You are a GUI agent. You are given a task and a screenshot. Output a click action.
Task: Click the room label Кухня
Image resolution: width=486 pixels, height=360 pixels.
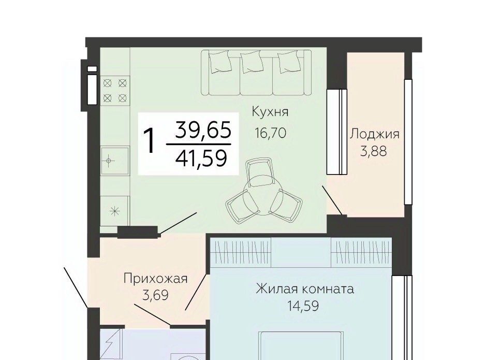coord(270,112)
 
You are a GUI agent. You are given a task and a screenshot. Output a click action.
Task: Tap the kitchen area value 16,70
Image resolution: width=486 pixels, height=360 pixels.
coord(270,133)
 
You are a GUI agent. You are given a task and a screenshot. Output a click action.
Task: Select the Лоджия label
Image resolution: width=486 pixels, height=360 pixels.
coord(375,135)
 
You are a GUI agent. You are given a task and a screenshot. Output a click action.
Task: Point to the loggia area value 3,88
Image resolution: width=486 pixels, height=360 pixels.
coord(374,152)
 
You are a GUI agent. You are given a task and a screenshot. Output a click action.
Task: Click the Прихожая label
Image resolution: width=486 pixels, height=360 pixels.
coord(156,279)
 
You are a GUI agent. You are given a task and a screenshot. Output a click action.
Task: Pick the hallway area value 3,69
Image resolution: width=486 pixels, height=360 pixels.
coord(155,295)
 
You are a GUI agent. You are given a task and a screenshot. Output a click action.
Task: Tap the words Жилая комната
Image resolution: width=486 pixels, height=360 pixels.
coord(305,289)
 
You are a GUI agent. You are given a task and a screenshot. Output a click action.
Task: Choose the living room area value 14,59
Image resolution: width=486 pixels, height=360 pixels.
coord(303,306)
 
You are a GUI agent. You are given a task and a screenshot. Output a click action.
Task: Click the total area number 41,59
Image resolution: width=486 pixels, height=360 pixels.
coord(201,158)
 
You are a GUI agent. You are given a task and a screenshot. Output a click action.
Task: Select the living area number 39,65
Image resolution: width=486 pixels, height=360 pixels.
coord(203,129)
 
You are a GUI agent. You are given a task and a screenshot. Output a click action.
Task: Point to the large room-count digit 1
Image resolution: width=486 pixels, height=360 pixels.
coord(150,141)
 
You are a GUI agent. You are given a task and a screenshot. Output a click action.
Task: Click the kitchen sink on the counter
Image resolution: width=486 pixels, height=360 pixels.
coord(115,161)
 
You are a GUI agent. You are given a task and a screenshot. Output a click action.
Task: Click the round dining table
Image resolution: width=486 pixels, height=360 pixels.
coord(262,198)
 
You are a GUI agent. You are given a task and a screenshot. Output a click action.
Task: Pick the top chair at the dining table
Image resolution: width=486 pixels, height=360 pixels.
coord(260,172)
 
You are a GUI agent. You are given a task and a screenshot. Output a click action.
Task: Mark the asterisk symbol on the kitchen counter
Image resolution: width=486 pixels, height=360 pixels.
coord(115,211)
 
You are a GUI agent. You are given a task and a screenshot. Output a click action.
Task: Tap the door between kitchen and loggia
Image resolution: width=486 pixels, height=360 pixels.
coord(333,200)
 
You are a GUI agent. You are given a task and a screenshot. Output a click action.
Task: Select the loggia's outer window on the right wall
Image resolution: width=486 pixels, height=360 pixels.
coord(408,142)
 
